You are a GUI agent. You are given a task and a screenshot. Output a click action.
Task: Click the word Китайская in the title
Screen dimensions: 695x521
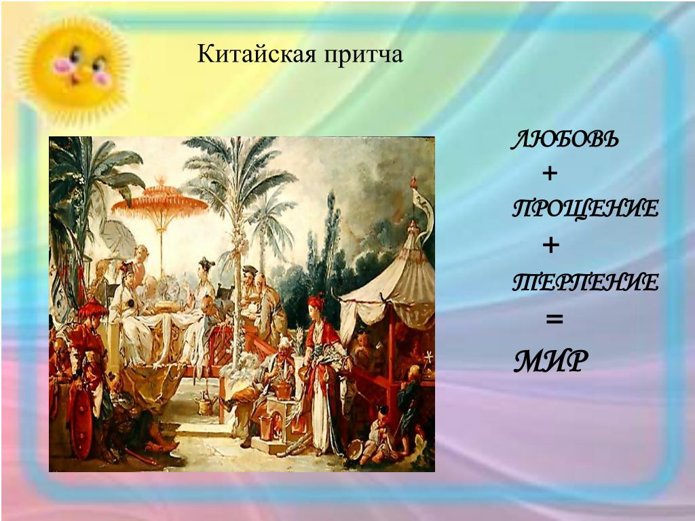(257, 54)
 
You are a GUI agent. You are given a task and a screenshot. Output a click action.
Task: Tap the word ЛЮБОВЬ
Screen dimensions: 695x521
(565, 140)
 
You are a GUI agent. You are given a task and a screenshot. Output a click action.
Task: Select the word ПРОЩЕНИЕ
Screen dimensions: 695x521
(585, 208)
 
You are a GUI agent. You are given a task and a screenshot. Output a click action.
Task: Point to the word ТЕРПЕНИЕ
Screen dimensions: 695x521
(585, 282)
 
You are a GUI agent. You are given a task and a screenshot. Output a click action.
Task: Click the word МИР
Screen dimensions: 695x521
(551, 361)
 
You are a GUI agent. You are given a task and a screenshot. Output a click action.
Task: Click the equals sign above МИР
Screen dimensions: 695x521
(554, 319)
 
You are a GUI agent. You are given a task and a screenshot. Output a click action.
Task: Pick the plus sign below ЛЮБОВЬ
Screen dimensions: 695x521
(550, 173)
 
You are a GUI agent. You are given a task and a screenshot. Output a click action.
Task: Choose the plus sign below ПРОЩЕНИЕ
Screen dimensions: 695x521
(550, 245)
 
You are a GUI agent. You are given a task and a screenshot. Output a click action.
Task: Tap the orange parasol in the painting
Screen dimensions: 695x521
(159, 201)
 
